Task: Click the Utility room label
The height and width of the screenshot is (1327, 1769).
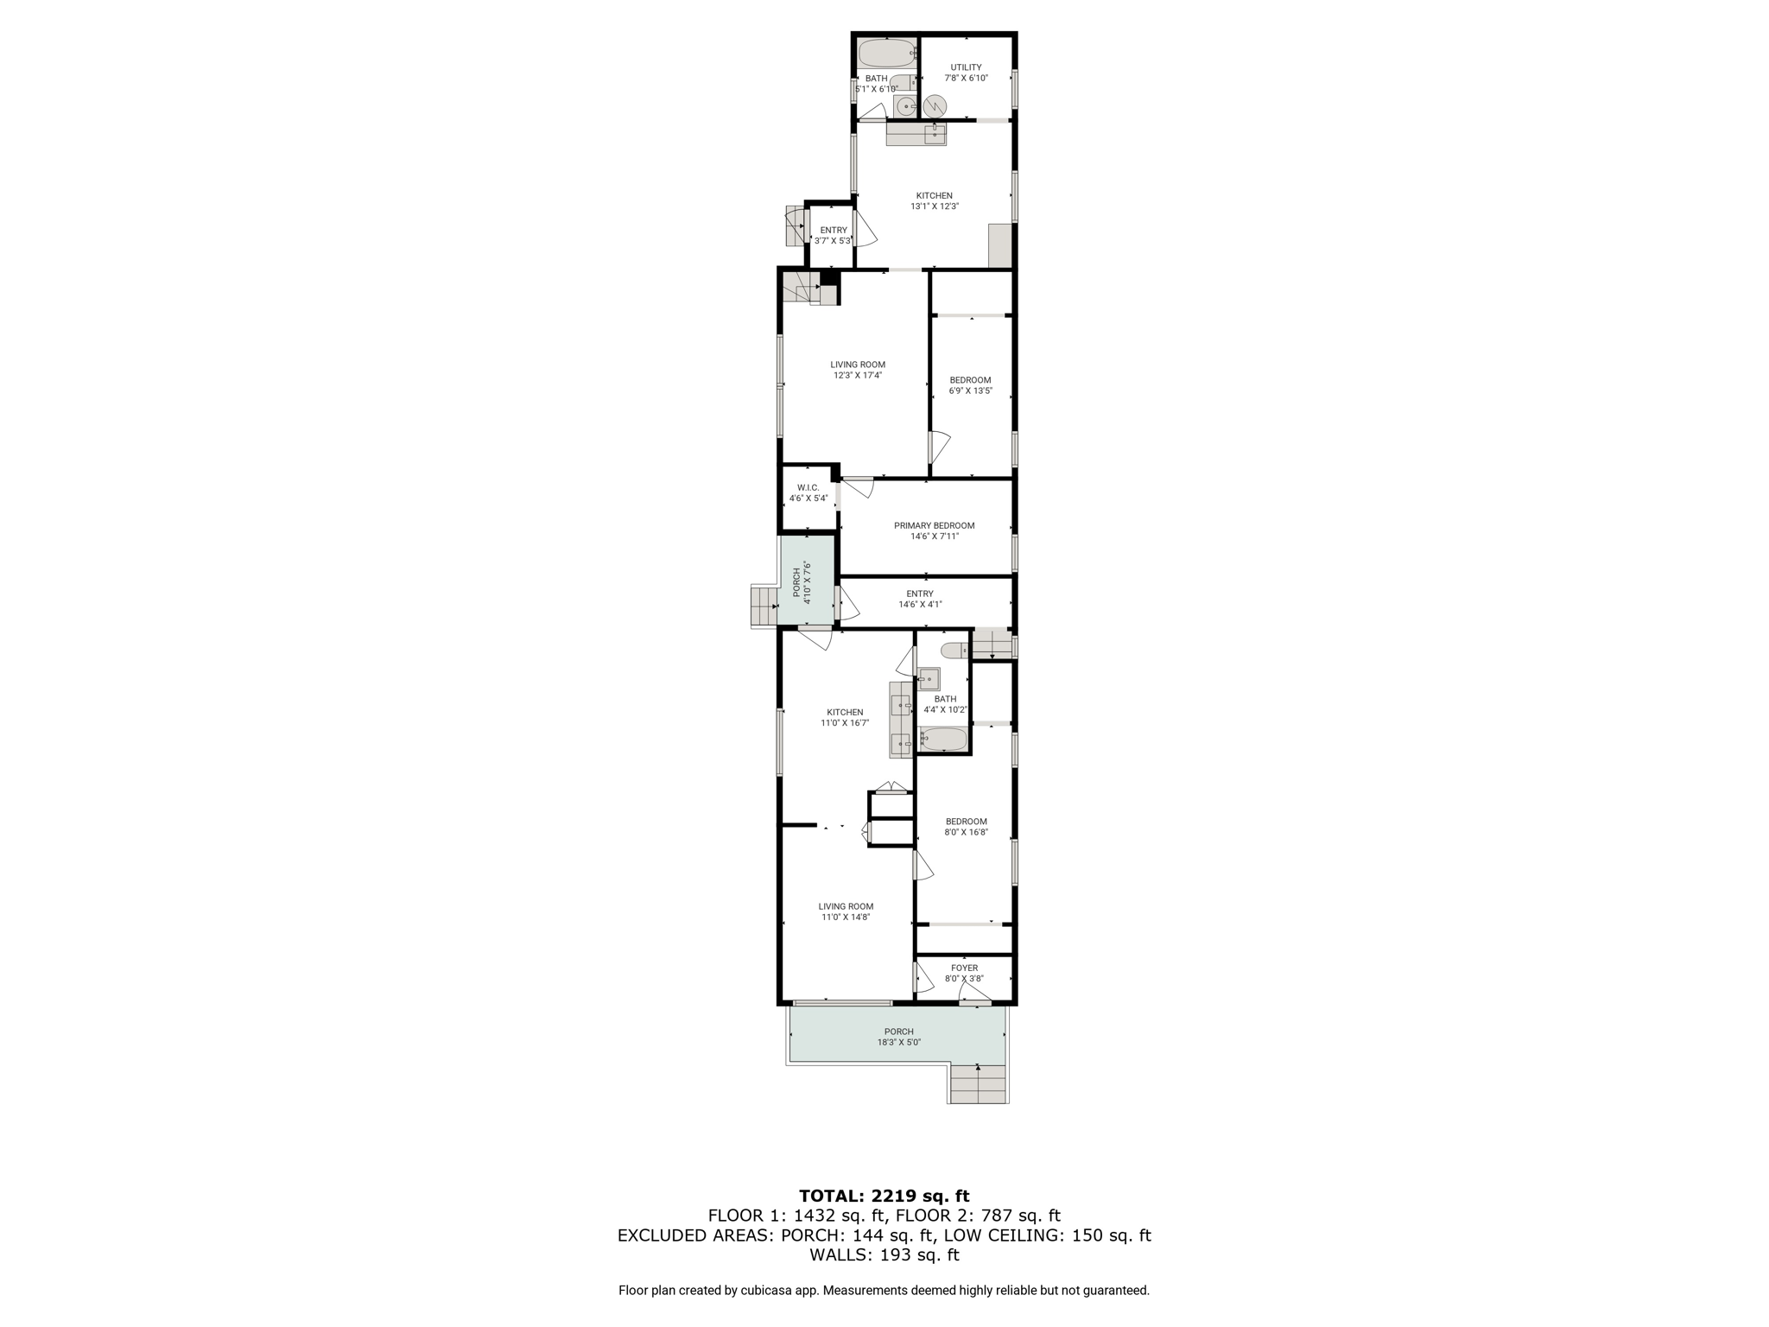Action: coord(966,67)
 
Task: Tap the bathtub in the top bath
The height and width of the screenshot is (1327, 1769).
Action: coord(887,53)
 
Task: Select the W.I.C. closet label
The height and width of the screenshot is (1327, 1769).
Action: coord(808,488)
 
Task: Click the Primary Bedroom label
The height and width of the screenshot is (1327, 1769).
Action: coord(934,525)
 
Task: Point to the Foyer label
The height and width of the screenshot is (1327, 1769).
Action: coord(965,968)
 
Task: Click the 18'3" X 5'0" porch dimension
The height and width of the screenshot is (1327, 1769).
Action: coord(898,1042)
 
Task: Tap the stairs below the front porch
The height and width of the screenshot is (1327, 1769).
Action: coord(979,1084)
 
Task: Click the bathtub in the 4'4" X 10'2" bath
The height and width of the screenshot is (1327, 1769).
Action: coord(944,740)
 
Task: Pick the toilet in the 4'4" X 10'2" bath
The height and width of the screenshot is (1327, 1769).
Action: coord(954,650)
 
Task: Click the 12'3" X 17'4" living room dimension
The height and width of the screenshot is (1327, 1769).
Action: coord(858,376)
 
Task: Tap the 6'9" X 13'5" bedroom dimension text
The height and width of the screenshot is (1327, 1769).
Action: coord(971,390)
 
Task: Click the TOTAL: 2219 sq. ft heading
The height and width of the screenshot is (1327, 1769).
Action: coord(884,1196)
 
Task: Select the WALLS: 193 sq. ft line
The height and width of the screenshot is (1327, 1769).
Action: coord(884,1254)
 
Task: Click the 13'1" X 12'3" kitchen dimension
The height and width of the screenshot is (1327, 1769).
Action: coord(935,206)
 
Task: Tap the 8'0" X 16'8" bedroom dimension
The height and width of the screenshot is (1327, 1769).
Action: coord(966,832)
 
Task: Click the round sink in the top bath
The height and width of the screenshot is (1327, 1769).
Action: coord(905,106)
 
